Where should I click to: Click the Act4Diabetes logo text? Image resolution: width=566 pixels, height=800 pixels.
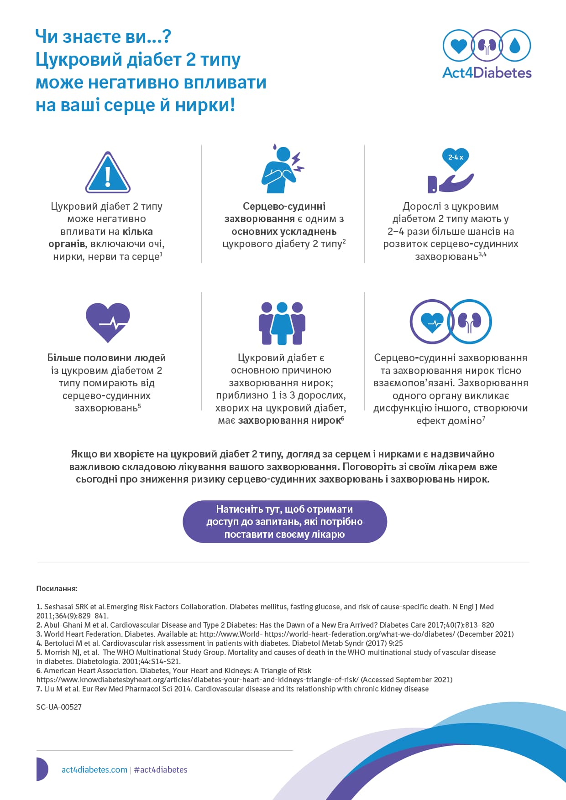[487, 73]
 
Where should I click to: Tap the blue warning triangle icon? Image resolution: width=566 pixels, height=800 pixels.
[108, 173]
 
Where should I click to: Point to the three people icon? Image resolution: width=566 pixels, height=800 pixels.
[282, 323]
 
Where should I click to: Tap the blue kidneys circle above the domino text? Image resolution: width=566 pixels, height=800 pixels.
[470, 321]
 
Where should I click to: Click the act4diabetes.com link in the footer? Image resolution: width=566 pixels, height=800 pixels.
[94, 770]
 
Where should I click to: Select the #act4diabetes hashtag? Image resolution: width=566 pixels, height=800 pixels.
[161, 770]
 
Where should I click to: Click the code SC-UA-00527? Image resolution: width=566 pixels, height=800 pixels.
[59, 707]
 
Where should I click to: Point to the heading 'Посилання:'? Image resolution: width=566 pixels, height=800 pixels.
[57, 589]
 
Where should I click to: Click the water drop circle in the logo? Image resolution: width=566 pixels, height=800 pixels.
[515, 45]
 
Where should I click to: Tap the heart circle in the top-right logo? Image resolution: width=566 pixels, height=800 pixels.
[458, 45]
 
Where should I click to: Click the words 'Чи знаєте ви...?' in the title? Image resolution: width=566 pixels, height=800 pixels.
[103, 36]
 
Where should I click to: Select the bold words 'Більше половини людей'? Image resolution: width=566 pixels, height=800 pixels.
[106, 358]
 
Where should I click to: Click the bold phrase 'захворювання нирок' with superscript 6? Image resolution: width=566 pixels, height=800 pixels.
[289, 421]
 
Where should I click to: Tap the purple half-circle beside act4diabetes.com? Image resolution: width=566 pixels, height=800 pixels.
[42, 769]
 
